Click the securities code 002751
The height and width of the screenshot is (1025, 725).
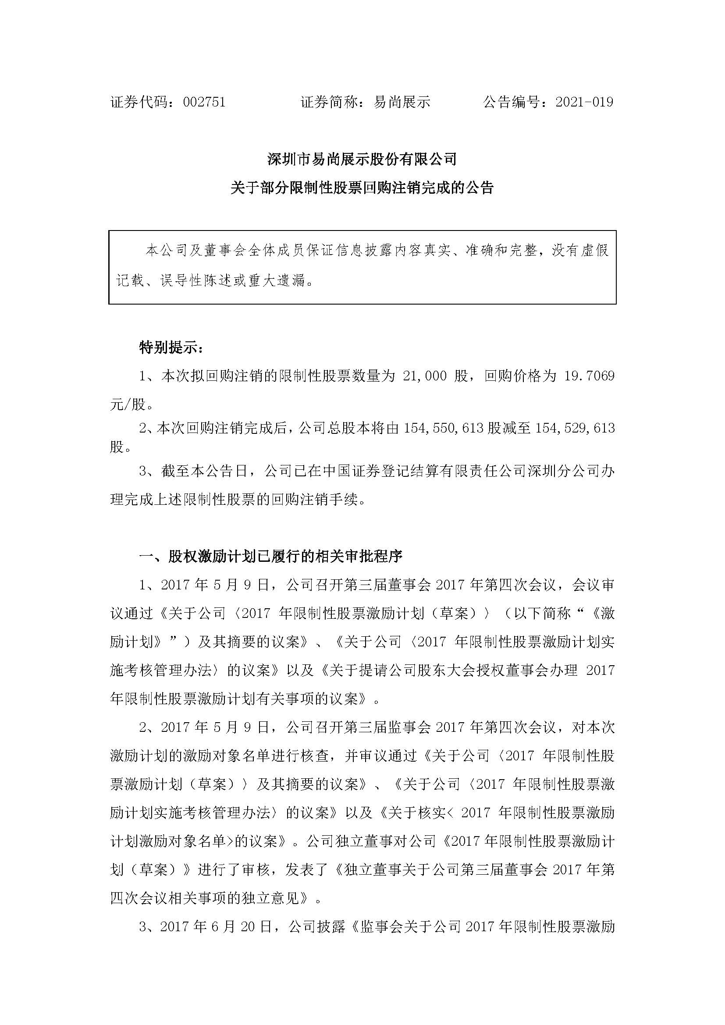(x=204, y=102)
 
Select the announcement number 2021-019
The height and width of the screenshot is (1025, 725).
(x=584, y=102)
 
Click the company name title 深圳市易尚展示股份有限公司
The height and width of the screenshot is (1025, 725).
(x=362, y=159)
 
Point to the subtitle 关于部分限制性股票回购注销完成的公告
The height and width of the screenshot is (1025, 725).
(x=362, y=188)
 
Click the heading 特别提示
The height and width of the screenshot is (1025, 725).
(x=171, y=348)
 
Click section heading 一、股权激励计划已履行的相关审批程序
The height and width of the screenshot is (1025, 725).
(x=271, y=556)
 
